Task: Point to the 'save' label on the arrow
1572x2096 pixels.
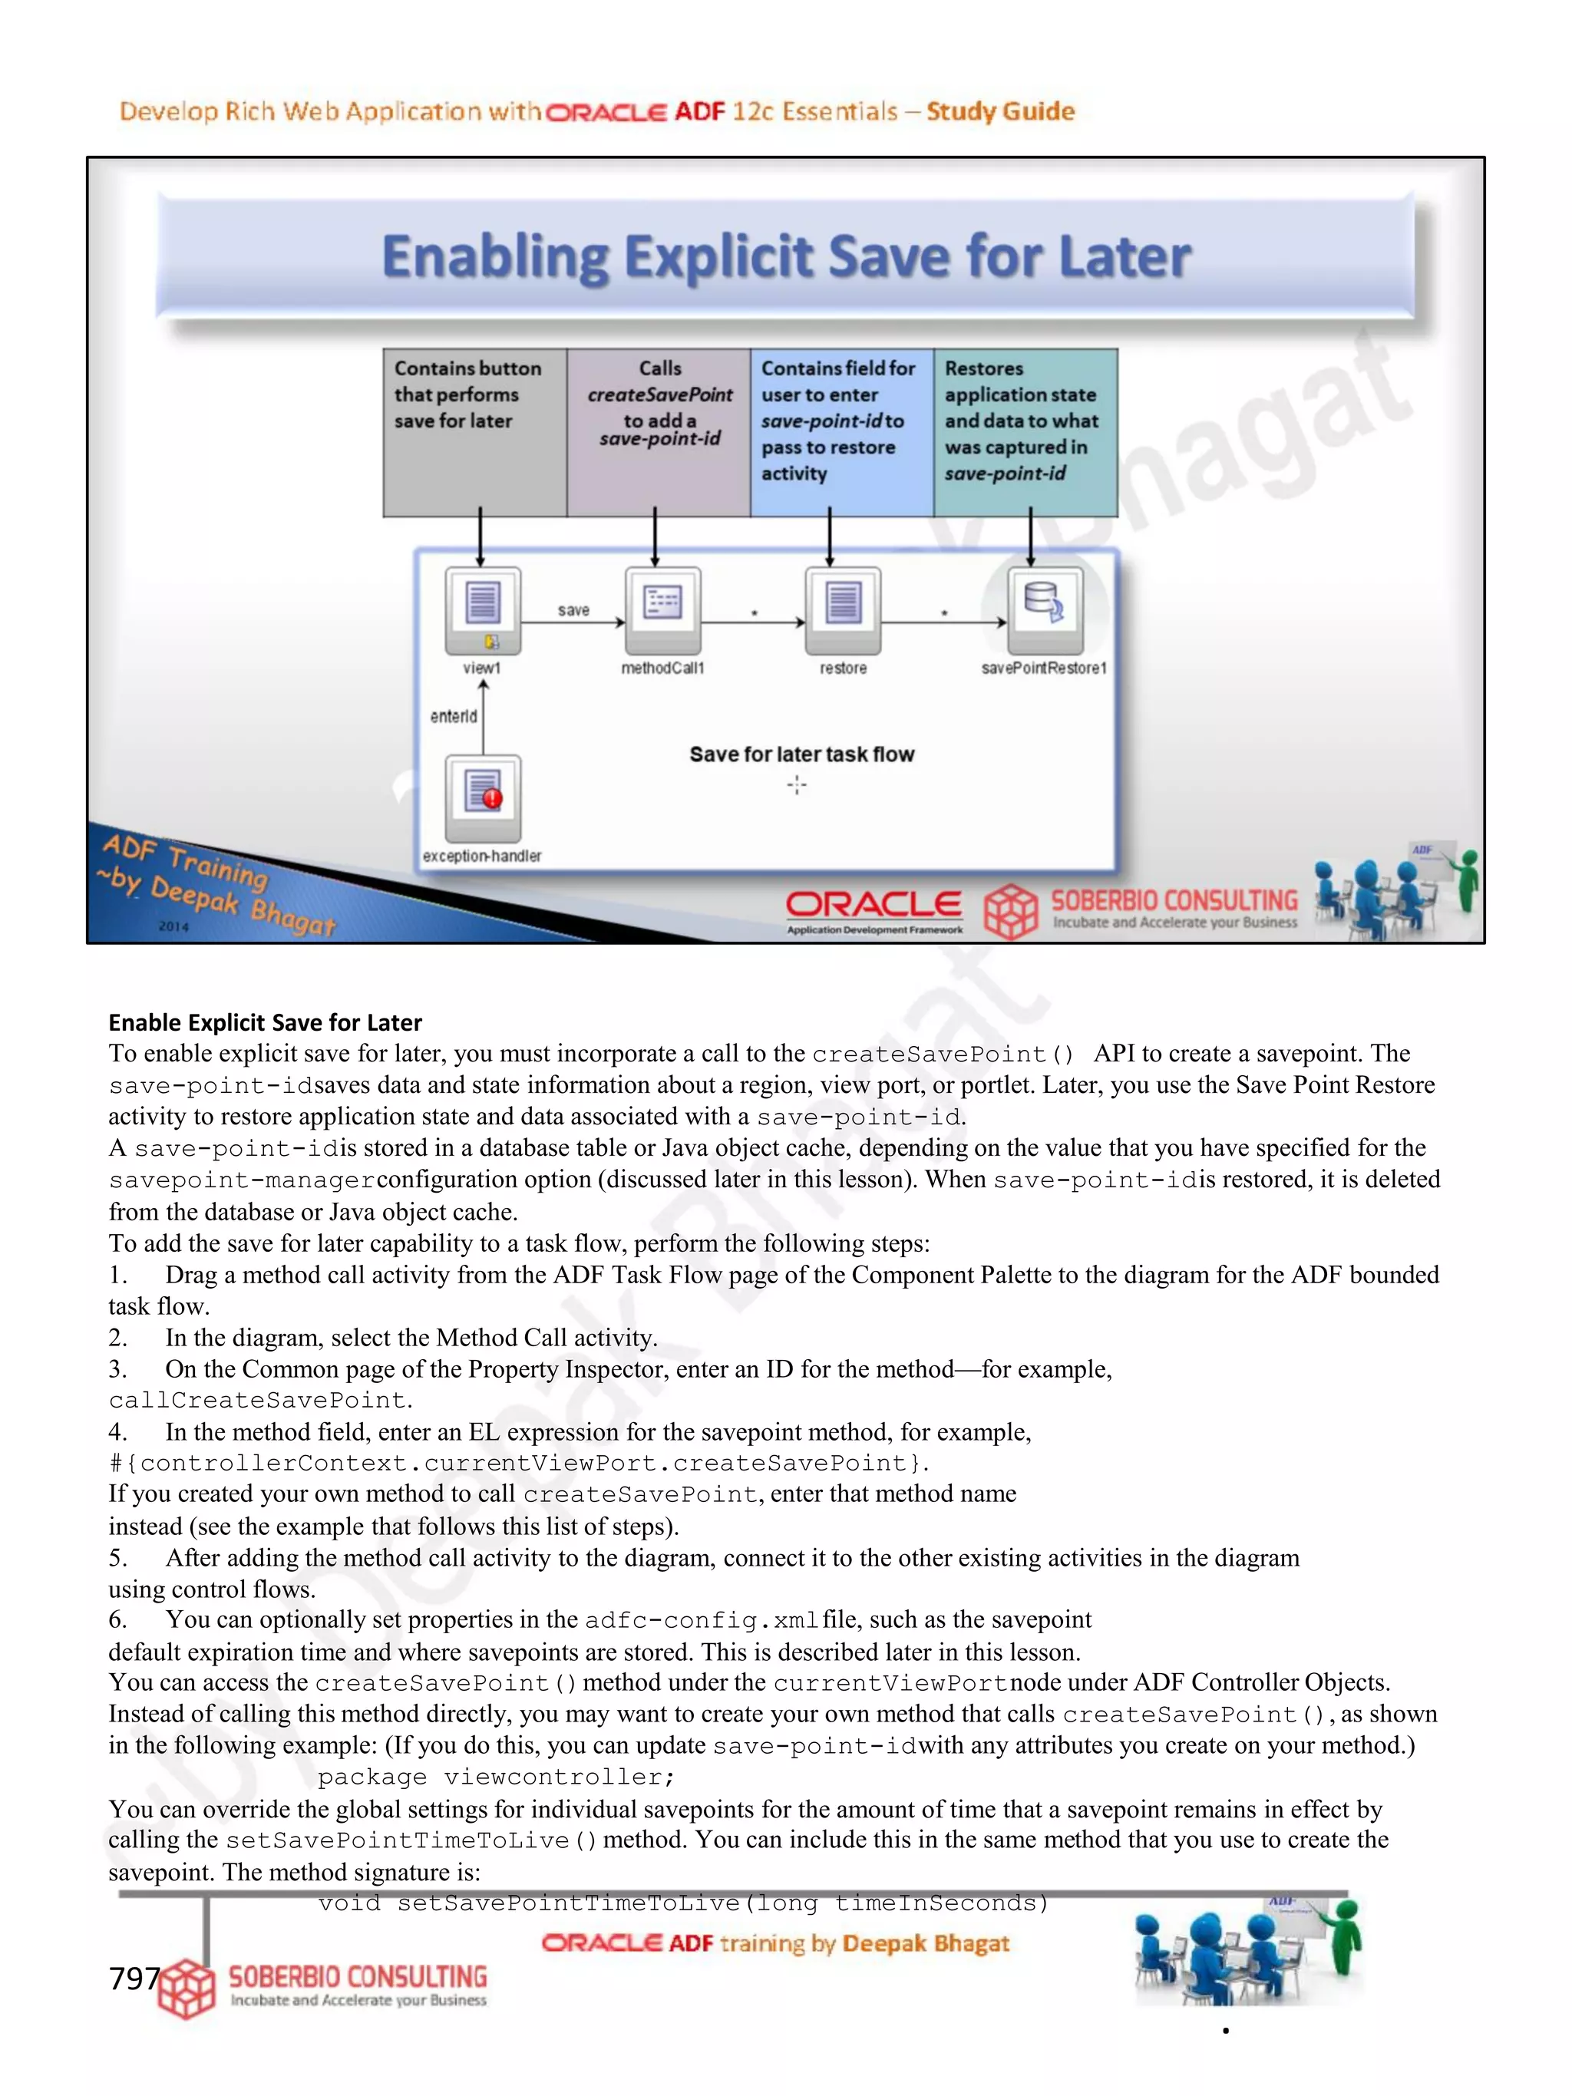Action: (573, 610)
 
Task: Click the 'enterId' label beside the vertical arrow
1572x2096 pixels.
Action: (453, 716)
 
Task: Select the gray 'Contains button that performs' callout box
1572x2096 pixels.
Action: (474, 432)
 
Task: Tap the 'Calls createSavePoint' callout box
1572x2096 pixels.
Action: (659, 432)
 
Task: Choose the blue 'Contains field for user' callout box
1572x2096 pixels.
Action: (841, 432)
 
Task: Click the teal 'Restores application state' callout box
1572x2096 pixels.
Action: (1025, 432)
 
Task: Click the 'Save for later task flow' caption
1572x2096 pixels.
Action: (801, 754)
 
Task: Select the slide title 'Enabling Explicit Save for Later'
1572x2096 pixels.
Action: (785, 257)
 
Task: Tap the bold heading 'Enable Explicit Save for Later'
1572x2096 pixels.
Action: (264, 1022)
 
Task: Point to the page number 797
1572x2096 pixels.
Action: (134, 1979)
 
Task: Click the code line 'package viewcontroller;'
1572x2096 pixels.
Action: (496, 1777)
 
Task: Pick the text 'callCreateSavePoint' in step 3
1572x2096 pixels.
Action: (257, 1401)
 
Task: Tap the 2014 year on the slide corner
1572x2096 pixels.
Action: (173, 926)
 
